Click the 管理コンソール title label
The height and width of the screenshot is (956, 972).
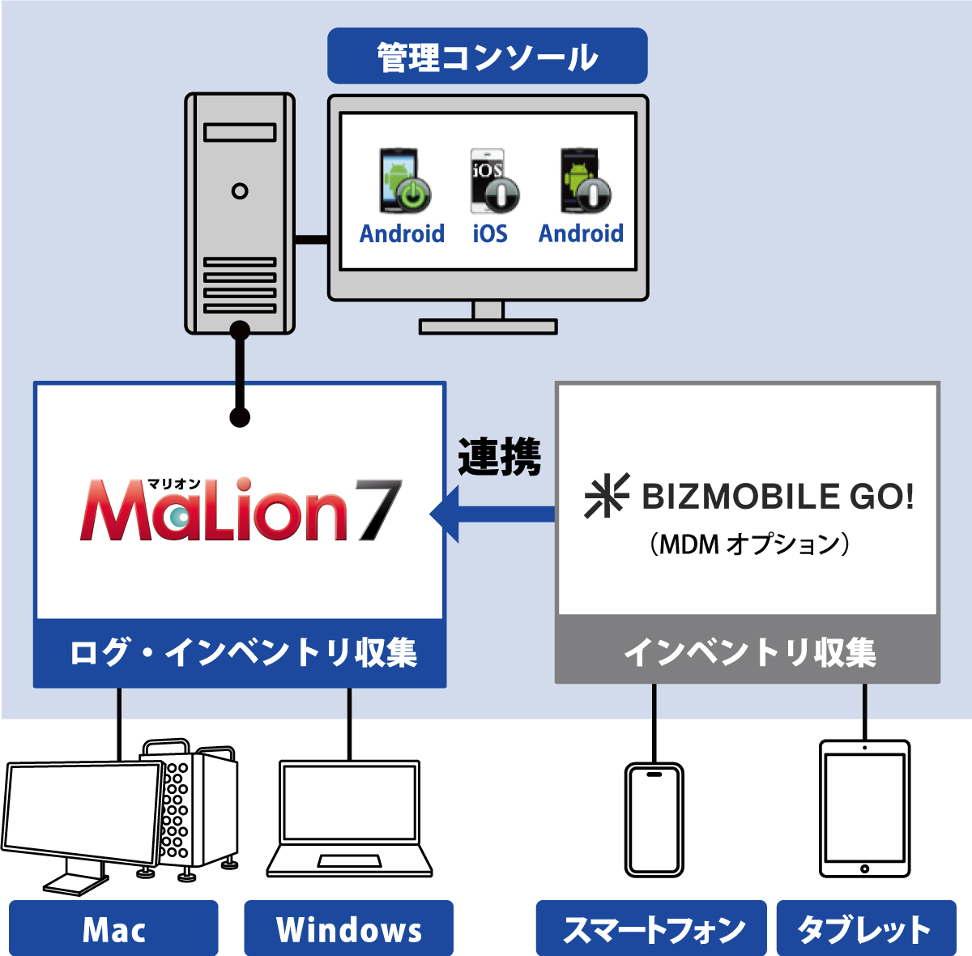click(487, 57)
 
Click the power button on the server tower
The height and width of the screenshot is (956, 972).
click(240, 191)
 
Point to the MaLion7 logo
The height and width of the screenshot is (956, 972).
click(241, 510)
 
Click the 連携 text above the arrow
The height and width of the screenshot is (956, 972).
click(499, 457)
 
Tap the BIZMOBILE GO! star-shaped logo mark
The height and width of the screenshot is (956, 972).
click(606, 496)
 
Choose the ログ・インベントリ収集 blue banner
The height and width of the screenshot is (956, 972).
click(240, 653)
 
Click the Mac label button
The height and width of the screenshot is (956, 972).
click(113, 929)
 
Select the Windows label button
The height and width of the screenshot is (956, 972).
click(348, 929)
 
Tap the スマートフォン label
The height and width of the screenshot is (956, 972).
click(651, 929)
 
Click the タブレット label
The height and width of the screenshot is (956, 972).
click(865, 929)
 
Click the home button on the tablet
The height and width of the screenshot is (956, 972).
click(864, 869)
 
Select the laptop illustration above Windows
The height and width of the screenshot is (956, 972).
click(350, 818)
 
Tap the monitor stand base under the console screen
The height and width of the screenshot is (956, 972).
click(488, 326)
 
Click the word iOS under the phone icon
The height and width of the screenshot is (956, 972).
click(490, 233)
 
